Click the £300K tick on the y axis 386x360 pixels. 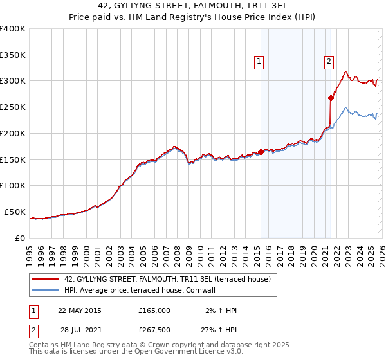13,81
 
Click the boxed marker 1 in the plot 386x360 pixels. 259,62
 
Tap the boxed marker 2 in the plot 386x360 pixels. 329,62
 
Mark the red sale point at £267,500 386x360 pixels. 331,98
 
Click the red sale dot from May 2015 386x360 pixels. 261,152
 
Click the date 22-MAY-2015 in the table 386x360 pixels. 79,310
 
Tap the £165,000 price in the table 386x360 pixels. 154,310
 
